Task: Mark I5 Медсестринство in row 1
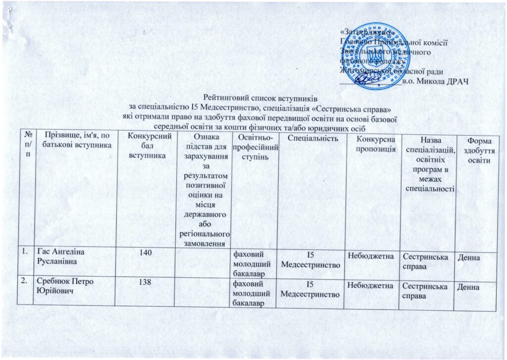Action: point(310,261)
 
